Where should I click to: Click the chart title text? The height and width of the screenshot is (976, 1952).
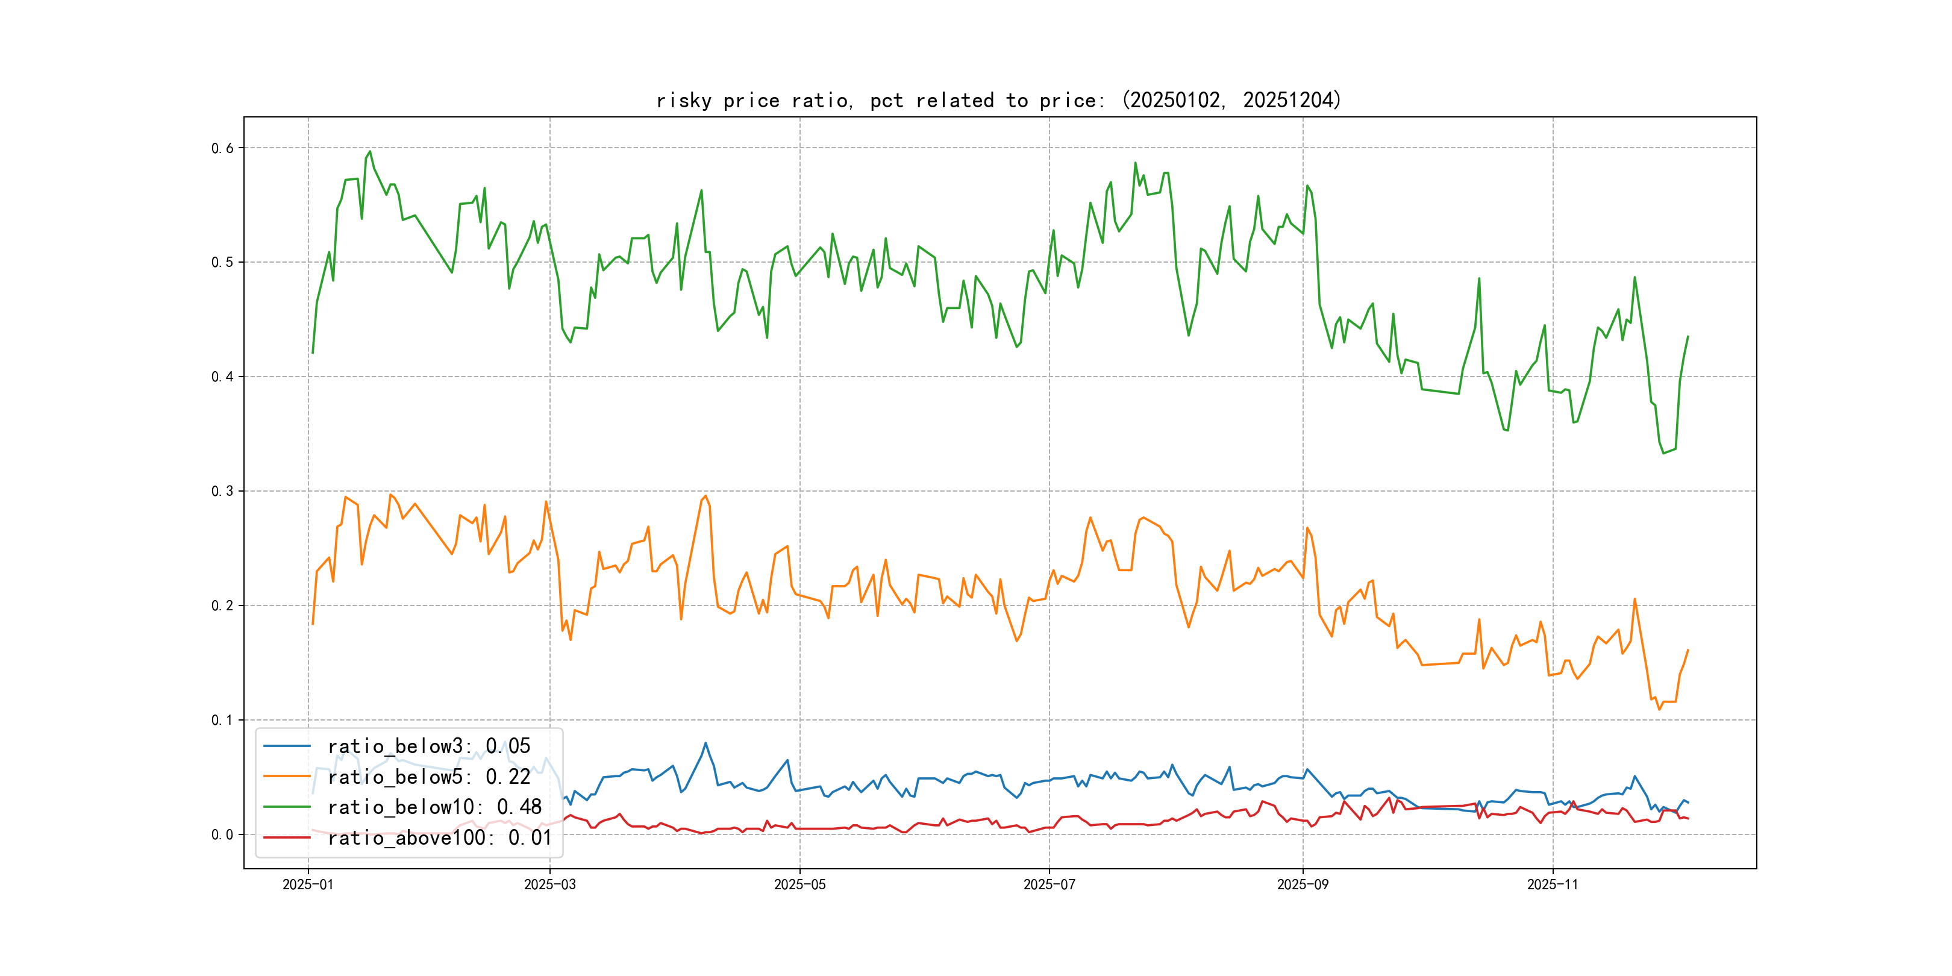click(998, 100)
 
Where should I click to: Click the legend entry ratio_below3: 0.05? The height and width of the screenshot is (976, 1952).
click(428, 746)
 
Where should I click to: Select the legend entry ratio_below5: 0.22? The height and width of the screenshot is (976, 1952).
click(428, 777)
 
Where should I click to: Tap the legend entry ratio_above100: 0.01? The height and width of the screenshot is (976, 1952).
click(439, 837)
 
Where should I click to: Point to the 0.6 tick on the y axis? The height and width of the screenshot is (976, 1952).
click(222, 149)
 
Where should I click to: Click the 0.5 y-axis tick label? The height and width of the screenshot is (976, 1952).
click(222, 263)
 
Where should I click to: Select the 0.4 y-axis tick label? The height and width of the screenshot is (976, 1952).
click(222, 377)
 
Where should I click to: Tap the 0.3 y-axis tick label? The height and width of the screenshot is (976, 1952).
click(222, 492)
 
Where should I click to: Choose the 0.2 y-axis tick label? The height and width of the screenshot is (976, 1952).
click(222, 606)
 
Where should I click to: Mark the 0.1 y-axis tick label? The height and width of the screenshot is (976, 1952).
click(222, 721)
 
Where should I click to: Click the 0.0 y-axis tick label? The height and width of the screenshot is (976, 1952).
click(222, 835)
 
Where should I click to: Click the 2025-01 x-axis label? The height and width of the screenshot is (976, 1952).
click(308, 885)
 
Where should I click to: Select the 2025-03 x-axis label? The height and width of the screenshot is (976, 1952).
click(549, 885)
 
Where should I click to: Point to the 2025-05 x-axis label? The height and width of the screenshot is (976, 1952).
click(799, 885)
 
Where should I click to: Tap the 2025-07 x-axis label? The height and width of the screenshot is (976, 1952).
click(1049, 885)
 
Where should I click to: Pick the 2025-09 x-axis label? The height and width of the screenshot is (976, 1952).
click(1303, 885)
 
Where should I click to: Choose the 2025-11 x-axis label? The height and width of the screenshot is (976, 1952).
click(1553, 885)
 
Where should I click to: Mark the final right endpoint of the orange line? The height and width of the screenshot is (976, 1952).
click(1688, 650)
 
